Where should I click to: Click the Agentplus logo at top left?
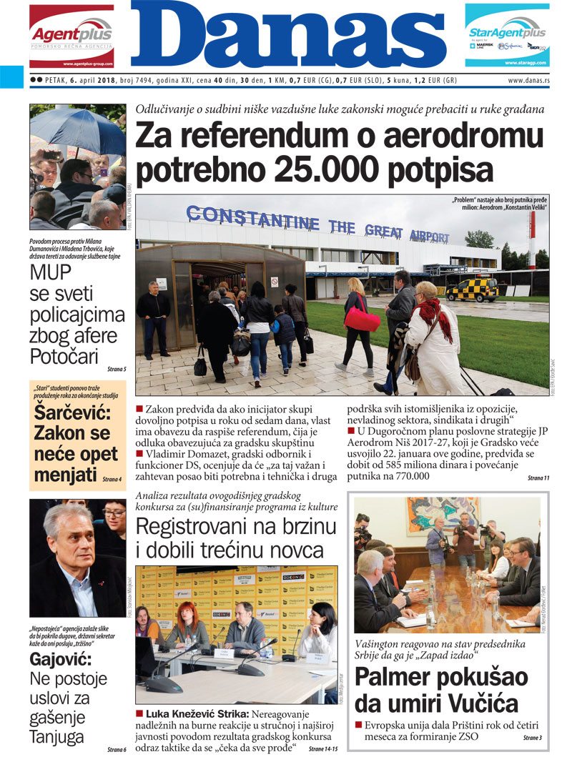coord(71,34)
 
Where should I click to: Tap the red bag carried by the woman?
coord(363,319)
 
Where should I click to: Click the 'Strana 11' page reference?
coord(538,478)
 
